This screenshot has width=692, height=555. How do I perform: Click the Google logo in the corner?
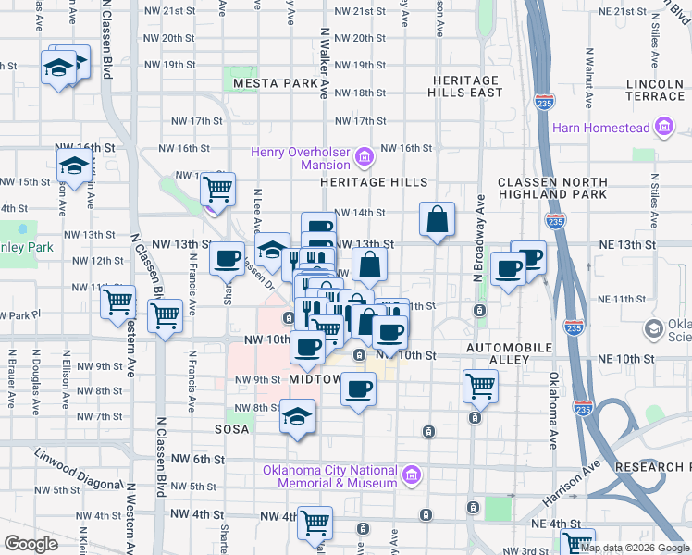tap(31, 544)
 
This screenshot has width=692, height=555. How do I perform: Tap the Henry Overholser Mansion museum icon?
tap(365, 158)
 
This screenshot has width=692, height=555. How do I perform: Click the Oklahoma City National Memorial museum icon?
tap(413, 476)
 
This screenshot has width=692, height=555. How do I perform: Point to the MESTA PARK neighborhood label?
tap(276, 83)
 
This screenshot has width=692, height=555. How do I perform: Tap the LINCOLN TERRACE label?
tap(654, 90)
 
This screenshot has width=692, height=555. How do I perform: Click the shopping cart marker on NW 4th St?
tap(315, 522)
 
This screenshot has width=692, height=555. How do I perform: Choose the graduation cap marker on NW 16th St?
tap(73, 166)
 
